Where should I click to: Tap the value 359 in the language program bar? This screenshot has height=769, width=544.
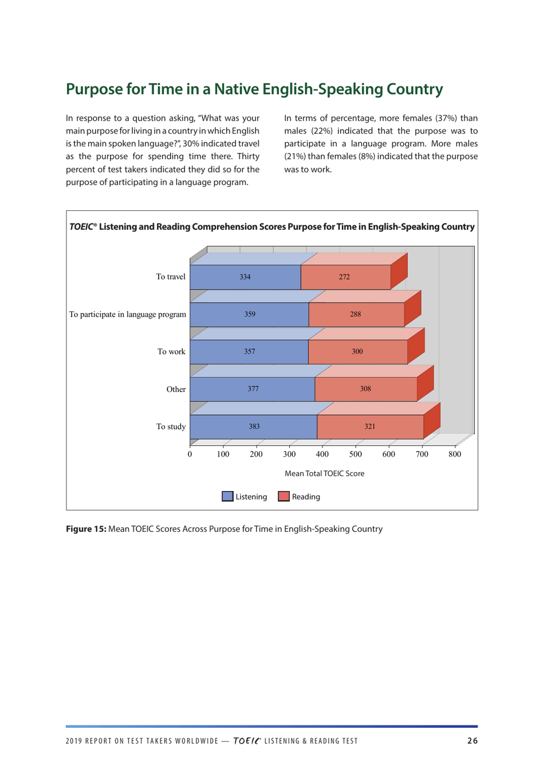(250, 314)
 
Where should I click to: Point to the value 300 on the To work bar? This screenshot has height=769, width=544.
(357, 352)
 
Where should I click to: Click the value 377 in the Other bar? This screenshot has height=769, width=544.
(253, 389)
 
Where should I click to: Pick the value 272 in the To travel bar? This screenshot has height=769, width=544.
(344, 277)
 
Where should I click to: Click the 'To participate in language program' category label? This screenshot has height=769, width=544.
(128, 315)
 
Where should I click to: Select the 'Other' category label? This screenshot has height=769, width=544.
(176, 390)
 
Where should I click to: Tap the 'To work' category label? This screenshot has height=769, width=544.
(171, 352)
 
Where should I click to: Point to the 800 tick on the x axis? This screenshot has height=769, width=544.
(455, 454)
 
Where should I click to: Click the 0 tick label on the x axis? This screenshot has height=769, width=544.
(190, 454)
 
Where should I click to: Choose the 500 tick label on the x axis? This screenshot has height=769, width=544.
(356, 454)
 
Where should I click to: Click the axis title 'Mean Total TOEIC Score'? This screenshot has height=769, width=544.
(324, 473)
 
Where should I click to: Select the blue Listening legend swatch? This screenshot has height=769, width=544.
(227, 497)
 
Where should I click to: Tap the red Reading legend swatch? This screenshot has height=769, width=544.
(283, 497)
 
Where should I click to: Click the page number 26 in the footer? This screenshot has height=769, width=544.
(472, 741)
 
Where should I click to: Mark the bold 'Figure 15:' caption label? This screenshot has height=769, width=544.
(86, 529)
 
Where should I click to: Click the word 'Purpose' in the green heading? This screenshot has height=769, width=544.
(94, 89)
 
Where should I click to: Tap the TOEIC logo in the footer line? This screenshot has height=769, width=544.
(246, 741)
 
